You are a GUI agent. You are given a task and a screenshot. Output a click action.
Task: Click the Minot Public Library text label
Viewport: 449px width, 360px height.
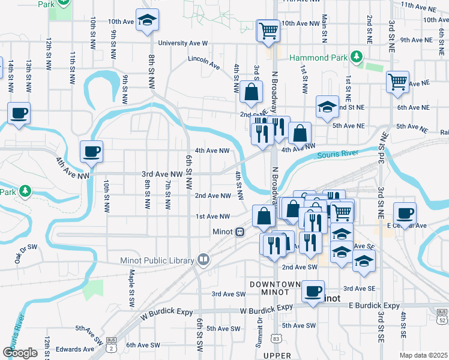[x=157, y=260]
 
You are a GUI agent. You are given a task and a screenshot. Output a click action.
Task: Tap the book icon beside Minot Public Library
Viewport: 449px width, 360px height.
[x=203, y=260]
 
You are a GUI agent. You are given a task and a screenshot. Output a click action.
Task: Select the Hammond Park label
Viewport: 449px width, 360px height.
[x=319, y=58]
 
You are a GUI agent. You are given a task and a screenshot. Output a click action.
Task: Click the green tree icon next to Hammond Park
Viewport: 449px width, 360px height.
[x=357, y=56]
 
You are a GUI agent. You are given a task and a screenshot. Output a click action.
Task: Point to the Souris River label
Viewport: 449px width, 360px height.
[x=337, y=155]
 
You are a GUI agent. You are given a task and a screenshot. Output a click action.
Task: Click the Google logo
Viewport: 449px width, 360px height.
[x=20, y=353]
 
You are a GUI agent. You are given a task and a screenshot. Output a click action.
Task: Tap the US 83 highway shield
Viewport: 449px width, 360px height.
[x=276, y=339]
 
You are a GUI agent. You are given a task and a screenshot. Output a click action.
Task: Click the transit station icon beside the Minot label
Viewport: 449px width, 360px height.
[x=240, y=232]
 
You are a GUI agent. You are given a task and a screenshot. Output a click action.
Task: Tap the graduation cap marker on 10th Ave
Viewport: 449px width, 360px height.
[x=147, y=21]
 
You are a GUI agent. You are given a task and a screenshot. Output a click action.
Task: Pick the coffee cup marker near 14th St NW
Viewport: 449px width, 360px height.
[x=19, y=113]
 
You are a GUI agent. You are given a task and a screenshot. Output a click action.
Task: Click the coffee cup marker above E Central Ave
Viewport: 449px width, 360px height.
[x=405, y=213]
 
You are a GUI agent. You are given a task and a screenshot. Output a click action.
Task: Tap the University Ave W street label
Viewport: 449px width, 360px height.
[x=182, y=43]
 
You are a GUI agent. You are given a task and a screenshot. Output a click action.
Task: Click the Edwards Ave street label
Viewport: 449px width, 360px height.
[x=75, y=349]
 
